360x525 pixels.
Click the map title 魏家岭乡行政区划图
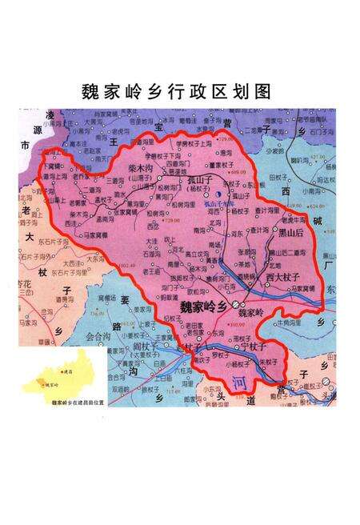(x=178, y=90)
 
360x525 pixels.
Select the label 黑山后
(x=290, y=233)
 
